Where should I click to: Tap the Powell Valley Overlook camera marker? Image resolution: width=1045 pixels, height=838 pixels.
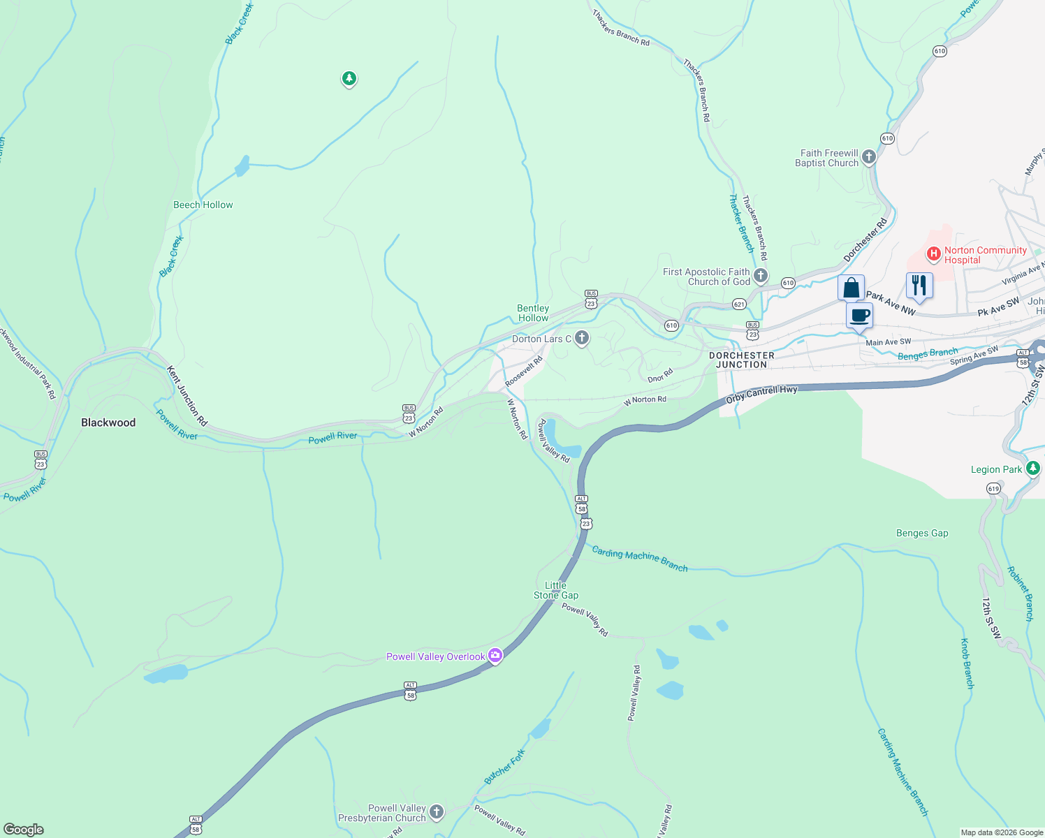(x=495, y=655)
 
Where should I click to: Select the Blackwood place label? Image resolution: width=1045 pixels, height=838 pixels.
(x=108, y=422)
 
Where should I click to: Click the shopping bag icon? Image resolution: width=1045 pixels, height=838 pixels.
(x=851, y=287)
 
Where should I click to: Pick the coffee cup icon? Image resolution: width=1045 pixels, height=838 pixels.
(x=860, y=315)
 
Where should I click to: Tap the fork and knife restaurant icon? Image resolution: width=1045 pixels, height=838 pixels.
(x=919, y=285)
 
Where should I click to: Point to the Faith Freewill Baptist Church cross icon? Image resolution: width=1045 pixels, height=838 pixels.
(x=869, y=157)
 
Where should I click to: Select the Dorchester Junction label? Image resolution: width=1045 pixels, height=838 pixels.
(x=742, y=360)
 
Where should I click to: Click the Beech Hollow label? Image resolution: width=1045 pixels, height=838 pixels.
(x=203, y=205)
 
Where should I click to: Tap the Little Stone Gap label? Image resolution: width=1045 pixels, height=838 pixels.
(x=556, y=590)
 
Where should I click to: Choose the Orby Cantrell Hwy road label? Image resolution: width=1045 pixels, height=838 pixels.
(x=761, y=394)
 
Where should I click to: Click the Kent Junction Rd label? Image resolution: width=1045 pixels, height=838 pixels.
(x=187, y=396)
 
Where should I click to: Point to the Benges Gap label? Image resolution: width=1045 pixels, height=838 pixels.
(x=922, y=534)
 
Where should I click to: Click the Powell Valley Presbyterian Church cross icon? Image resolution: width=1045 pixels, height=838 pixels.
(x=437, y=811)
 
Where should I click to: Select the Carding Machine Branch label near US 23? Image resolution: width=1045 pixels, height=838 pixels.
(x=640, y=559)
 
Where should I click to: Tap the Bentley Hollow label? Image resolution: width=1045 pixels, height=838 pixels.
(x=533, y=313)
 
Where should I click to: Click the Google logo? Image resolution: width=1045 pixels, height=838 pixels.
(x=24, y=830)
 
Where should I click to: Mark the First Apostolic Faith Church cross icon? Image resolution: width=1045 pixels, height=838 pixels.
(x=761, y=276)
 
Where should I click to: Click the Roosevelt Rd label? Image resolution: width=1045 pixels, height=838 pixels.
(x=524, y=372)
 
